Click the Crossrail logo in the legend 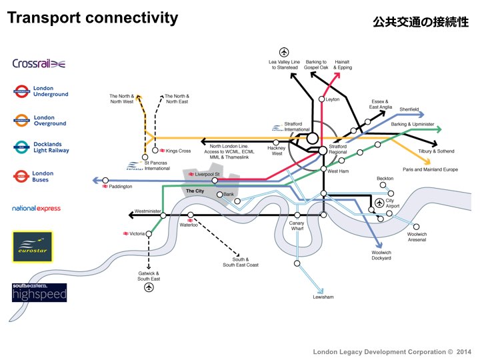(x=39, y=63)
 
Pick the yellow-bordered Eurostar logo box (x=33, y=247)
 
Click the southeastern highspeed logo (x=39, y=292)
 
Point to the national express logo (x=36, y=209)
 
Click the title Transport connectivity (x=93, y=18)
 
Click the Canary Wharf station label (x=297, y=226)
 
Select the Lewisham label (x=323, y=297)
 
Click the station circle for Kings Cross (x=155, y=151)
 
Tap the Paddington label (x=121, y=187)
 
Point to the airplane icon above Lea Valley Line (x=284, y=52)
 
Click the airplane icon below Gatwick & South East (x=148, y=287)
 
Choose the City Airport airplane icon (x=380, y=203)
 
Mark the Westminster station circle (x=163, y=215)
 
